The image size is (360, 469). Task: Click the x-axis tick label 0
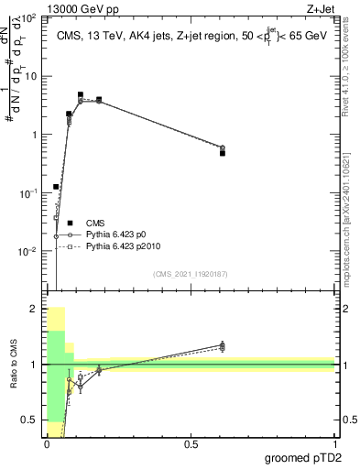[47, 443]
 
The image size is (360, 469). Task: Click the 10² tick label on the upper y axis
[29, 18]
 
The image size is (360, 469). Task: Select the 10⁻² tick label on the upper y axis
[29, 251]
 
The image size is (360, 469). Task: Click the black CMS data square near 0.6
[223, 153]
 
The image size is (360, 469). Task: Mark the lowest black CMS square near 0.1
[56, 187]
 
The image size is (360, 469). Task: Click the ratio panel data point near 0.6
[223, 345]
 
